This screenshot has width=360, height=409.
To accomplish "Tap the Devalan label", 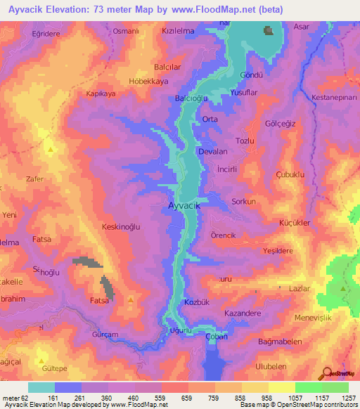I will [214, 151].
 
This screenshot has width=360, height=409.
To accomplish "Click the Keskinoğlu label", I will [121, 226].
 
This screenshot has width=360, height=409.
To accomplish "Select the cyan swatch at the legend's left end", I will [41, 387].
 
